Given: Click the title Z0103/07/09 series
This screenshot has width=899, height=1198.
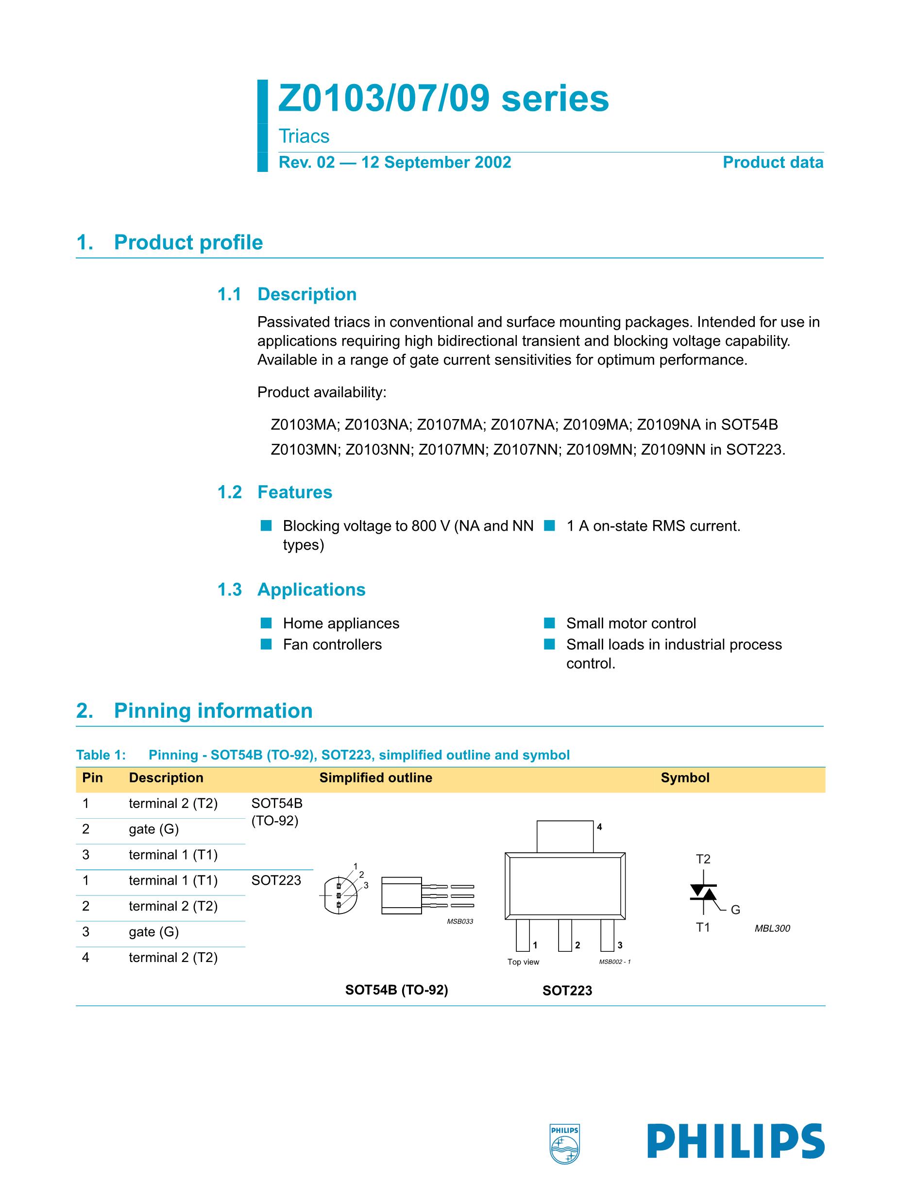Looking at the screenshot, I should [443, 99].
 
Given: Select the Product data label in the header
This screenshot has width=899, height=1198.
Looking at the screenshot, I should [772, 163].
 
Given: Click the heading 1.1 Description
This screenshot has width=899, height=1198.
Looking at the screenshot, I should [287, 294].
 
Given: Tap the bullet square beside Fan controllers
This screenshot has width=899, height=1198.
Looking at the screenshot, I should [266, 644].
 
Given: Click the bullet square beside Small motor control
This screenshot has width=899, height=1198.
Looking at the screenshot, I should [550, 623].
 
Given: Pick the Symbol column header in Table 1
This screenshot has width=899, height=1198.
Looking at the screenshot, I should [684, 778].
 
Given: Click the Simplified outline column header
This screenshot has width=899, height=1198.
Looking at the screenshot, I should [375, 778].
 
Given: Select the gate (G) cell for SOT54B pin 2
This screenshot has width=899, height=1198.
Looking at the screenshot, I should [154, 829].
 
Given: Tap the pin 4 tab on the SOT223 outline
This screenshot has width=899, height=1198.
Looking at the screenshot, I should [565, 836].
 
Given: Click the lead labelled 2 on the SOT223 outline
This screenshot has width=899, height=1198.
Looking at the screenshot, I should [565, 935].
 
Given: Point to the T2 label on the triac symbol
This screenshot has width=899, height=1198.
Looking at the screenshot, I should [702, 859].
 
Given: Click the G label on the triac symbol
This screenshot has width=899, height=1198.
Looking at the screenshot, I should [735, 910].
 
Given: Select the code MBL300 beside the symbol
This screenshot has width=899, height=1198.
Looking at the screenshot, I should [772, 928].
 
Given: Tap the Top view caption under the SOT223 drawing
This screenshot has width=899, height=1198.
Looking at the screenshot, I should [523, 962].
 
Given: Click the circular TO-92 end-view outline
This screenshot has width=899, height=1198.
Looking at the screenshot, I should [340, 895].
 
